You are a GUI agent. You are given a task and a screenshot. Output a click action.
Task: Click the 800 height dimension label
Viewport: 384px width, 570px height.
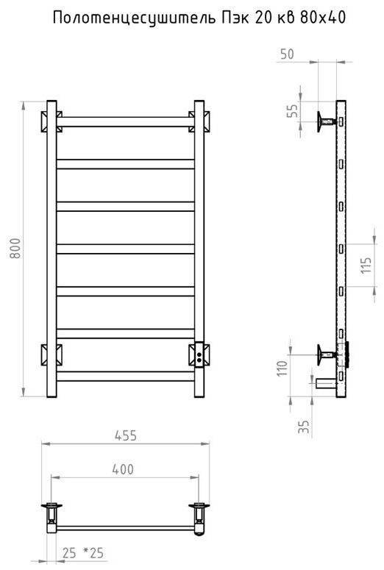click(15, 249)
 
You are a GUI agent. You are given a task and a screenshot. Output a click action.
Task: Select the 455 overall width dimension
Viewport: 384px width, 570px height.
click(126, 435)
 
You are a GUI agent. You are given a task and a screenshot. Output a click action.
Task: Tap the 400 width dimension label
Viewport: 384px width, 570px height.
click(123, 469)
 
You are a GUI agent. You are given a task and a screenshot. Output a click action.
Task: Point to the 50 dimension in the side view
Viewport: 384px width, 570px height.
click(287, 54)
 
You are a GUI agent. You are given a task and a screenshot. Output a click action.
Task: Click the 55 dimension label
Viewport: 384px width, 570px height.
click(293, 110)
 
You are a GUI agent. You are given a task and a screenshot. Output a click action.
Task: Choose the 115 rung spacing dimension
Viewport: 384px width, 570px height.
click(366, 266)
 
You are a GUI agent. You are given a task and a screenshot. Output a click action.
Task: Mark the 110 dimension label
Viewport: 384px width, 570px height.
click(282, 368)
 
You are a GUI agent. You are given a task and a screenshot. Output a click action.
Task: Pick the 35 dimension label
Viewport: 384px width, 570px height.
click(304, 427)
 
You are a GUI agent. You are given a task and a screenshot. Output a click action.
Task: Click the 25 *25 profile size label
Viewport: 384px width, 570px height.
click(83, 553)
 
